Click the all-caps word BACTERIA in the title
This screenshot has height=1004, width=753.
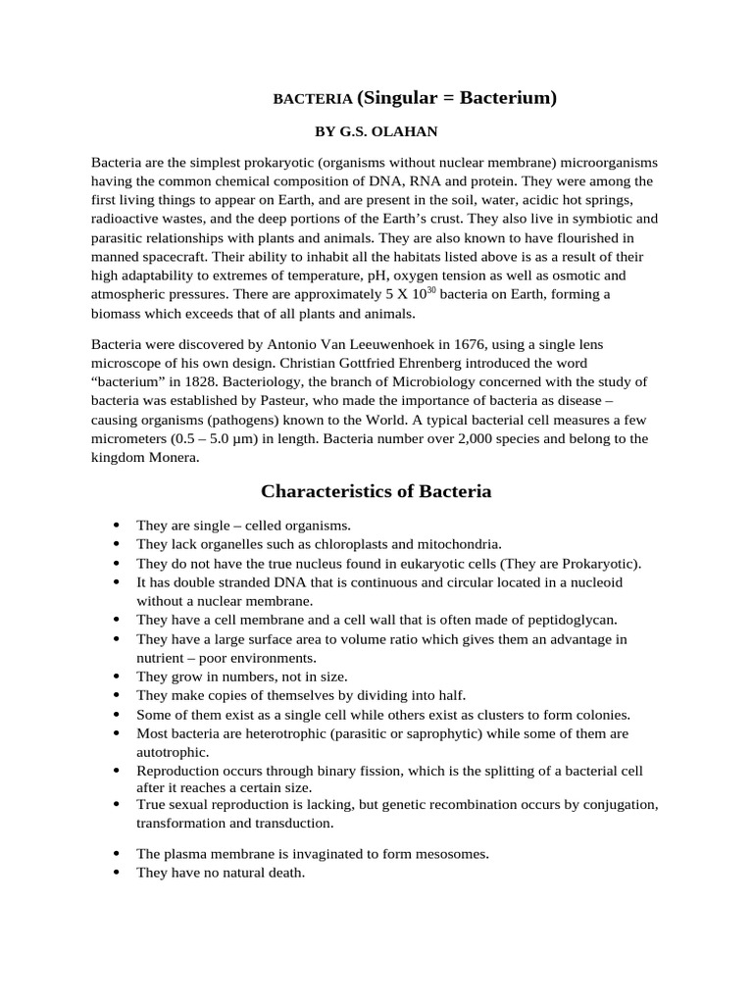click(x=312, y=99)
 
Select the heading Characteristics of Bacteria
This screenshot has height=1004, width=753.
click(x=376, y=491)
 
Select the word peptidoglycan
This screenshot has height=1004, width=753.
click(x=573, y=620)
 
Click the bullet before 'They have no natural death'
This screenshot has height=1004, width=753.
click(x=118, y=873)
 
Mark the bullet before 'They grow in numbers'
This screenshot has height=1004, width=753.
click(x=118, y=677)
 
